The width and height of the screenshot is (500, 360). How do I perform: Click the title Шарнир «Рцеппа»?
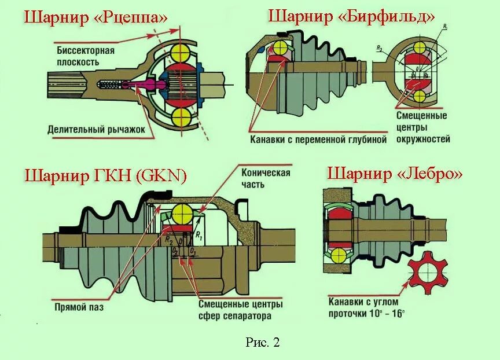coord(95,18)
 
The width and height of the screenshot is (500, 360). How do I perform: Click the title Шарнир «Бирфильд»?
coord(351,16)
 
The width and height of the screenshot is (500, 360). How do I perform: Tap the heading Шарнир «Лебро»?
coord(395,173)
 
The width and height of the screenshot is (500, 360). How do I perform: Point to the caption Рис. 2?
coord(262,342)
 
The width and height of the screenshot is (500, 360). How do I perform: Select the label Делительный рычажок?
coord(96,129)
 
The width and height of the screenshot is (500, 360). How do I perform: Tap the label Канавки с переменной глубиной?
coord(318,139)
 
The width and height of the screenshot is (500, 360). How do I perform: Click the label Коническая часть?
coord(267,178)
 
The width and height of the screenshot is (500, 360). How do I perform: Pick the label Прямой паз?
coord(79,307)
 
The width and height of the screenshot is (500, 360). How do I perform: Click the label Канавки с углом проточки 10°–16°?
coord(366,307)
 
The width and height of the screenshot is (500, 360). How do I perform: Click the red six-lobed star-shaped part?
coord(428,273)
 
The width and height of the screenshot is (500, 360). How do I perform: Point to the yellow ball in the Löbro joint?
coord(339,255)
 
